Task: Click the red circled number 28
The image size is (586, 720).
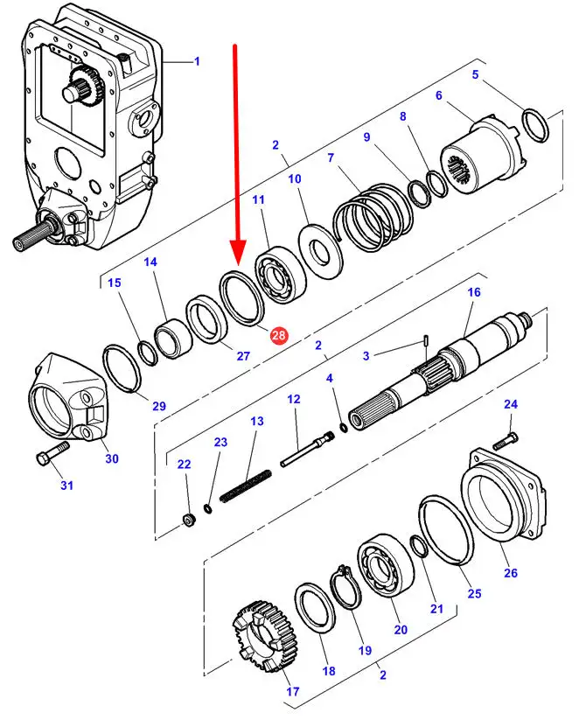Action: click(x=278, y=335)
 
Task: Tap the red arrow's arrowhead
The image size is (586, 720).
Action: click(x=237, y=253)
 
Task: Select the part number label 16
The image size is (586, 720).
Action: click(x=474, y=292)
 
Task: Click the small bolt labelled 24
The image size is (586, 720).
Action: click(x=506, y=440)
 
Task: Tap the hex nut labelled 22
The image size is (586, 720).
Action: click(x=189, y=521)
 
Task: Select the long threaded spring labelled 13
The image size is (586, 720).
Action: click(x=246, y=486)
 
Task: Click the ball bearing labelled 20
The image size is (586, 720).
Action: click(x=386, y=566)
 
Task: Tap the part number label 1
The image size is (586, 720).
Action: click(x=198, y=61)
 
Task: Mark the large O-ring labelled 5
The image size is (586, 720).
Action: click(x=535, y=125)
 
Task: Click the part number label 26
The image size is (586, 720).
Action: click(x=511, y=573)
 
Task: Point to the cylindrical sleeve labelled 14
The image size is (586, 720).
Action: click(x=173, y=338)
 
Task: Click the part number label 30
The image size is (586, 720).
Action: click(x=112, y=458)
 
